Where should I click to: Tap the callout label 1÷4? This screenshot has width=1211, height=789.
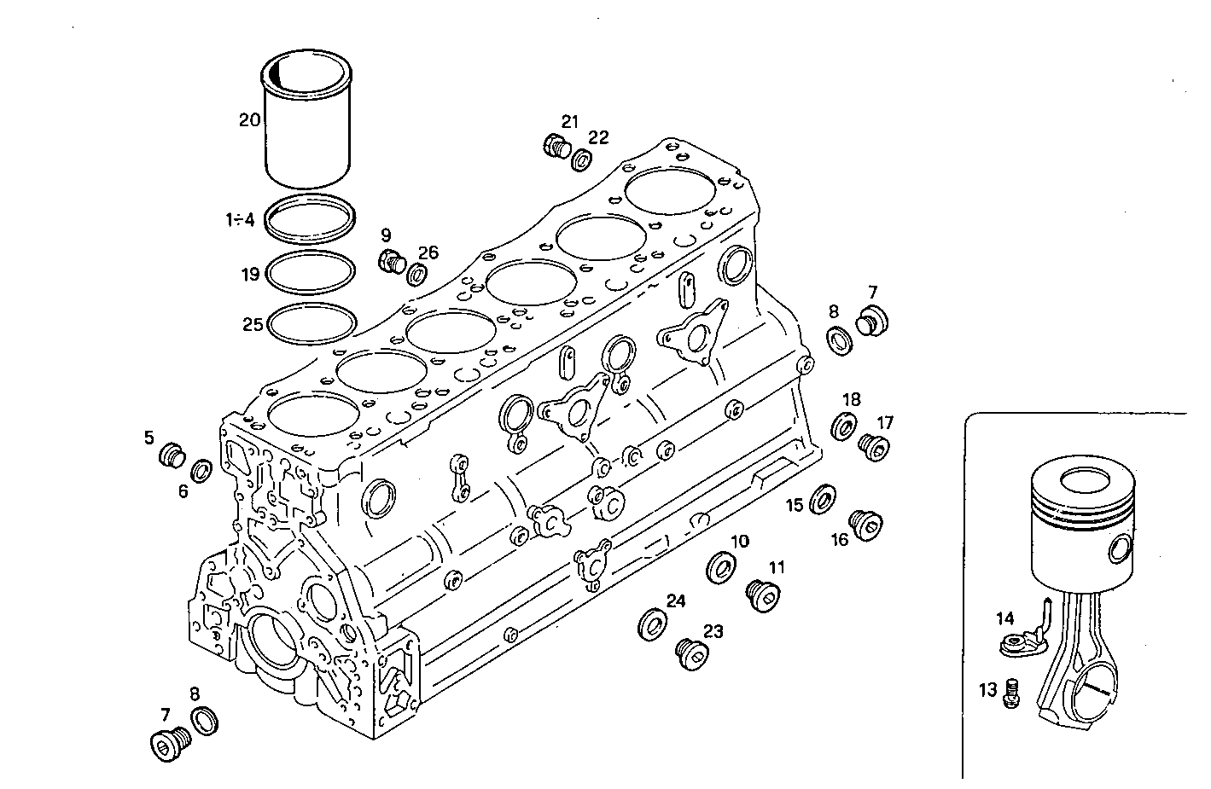click(240, 220)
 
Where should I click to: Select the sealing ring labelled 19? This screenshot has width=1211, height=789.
click(311, 272)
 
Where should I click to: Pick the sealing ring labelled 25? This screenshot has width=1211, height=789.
click(311, 324)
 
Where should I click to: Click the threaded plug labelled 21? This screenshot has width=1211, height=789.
click(556, 146)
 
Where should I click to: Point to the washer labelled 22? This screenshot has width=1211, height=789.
click(583, 159)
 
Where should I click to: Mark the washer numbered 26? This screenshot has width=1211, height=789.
click(418, 275)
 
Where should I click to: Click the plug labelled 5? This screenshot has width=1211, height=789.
click(172, 455)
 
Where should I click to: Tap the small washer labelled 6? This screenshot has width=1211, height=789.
click(201, 469)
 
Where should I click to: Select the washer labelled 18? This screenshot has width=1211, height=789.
click(844, 425)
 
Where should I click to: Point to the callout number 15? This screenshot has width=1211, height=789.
click(795, 506)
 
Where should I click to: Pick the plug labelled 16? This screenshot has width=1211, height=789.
click(866, 525)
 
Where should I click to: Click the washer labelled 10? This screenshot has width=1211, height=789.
click(723, 566)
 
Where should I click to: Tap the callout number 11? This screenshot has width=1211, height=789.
click(776, 567)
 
